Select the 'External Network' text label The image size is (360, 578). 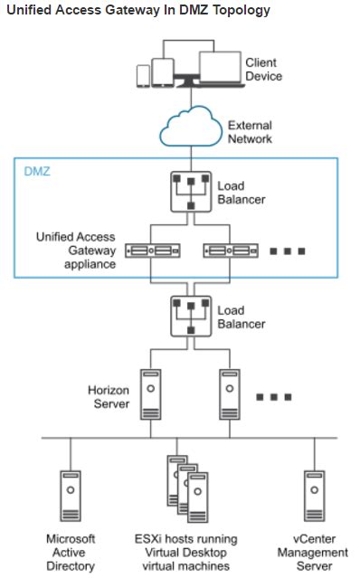(x=250, y=132)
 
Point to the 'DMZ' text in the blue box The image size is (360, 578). (x=36, y=170)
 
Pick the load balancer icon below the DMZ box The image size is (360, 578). (x=191, y=317)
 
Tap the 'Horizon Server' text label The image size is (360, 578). (x=109, y=397)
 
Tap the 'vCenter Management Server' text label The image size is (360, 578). (x=312, y=552)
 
